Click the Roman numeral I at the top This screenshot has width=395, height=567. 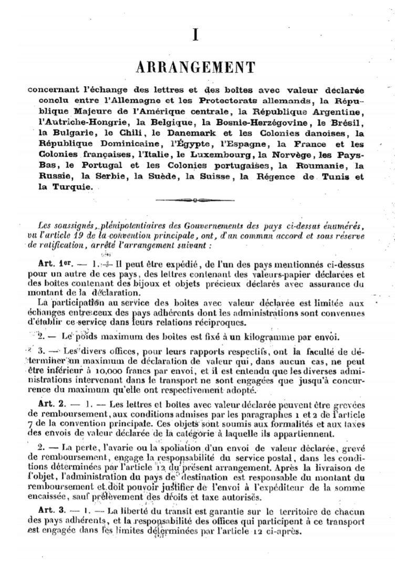(x=195, y=36)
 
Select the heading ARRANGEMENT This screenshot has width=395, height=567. (x=195, y=67)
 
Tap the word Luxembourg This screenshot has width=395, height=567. (x=222, y=155)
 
